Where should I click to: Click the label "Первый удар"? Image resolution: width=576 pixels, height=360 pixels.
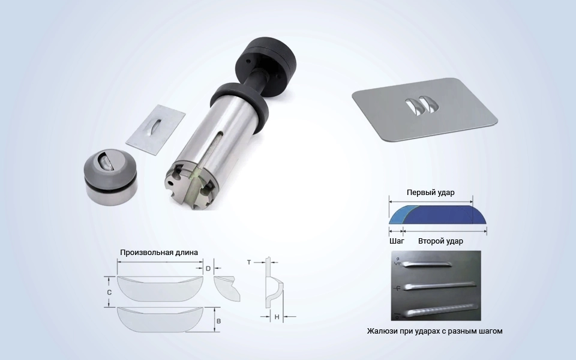(430, 193)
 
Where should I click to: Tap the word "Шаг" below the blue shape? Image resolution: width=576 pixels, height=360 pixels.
(397, 241)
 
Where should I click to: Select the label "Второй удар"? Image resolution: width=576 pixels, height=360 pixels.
(440, 241)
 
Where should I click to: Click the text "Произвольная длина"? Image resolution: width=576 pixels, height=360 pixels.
(158, 253)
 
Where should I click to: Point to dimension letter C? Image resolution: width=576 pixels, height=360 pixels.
(109, 292)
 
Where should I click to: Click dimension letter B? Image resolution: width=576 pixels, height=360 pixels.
(218, 321)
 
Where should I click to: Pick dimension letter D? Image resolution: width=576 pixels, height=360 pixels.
(208, 269)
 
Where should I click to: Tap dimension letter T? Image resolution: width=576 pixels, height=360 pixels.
(249, 262)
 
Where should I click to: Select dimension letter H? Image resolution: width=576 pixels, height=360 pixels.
(277, 317)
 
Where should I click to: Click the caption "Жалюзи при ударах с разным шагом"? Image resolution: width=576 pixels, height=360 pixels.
(434, 331)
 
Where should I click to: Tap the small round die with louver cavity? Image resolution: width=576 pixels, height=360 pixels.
(110, 177)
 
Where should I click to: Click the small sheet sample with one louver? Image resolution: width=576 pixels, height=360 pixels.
(155, 130)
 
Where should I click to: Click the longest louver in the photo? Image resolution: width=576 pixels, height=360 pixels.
(440, 310)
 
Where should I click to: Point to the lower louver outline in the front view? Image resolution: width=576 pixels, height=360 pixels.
(160, 320)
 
